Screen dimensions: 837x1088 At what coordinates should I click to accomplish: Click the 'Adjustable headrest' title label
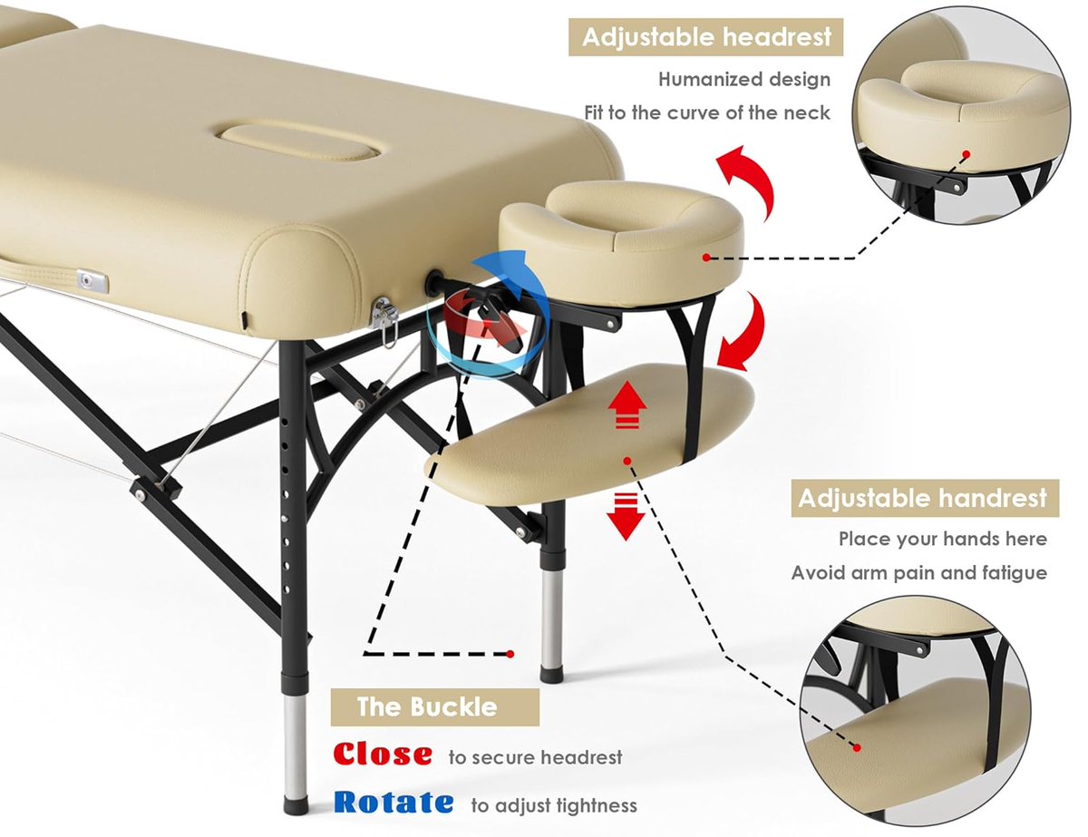[706, 38]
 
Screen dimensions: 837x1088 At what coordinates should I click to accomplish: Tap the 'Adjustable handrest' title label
[922, 498]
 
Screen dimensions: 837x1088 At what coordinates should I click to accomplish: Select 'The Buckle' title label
[427, 706]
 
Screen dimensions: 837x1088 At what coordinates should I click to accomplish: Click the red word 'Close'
[383, 754]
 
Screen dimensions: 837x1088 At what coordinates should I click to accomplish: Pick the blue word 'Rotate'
[393, 803]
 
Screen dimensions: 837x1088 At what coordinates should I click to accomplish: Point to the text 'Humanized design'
[743, 80]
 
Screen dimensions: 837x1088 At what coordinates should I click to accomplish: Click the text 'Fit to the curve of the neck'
[707, 113]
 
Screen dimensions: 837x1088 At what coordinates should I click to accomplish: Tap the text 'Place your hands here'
[942, 540]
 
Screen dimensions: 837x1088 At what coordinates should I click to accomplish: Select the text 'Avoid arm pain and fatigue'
[918, 573]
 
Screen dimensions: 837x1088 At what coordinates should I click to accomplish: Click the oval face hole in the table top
[301, 141]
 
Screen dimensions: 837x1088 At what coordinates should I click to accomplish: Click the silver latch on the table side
[92, 281]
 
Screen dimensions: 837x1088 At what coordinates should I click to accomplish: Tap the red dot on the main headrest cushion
[705, 258]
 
